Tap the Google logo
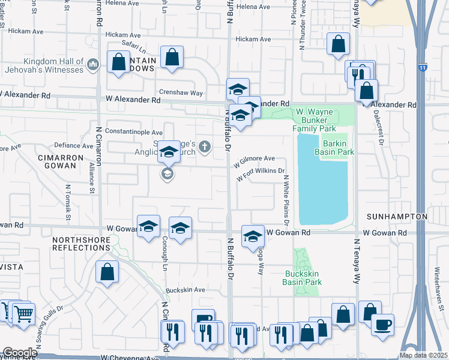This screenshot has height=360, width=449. point(20,353)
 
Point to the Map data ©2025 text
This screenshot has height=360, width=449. point(423,355)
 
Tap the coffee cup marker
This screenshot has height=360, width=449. point(382,325)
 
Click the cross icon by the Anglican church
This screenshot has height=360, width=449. point(205,146)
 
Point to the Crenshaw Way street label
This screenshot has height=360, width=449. point(183,93)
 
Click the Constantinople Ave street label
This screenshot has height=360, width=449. point(134,132)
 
